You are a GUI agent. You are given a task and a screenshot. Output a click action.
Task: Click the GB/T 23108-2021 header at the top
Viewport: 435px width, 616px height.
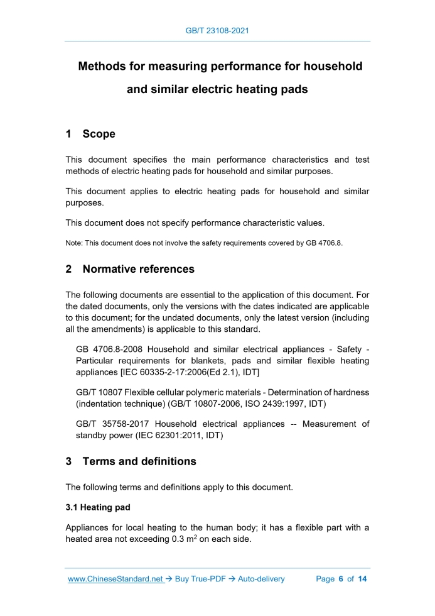click(218, 30)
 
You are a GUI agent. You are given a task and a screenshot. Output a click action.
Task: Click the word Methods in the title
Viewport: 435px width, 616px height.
click(104, 66)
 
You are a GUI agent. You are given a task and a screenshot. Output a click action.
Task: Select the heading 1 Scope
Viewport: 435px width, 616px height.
click(90, 134)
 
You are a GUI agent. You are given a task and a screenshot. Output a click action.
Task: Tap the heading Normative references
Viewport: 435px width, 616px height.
click(138, 269)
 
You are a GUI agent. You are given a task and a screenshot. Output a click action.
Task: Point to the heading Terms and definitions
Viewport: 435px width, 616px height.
click(139, 461)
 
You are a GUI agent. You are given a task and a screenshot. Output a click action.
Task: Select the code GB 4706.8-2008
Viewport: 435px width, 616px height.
click(111, 349)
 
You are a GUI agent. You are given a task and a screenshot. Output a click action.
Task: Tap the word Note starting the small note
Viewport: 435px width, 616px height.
click(73, 243)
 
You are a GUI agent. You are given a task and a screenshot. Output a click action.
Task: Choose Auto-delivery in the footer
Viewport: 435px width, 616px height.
click(261, 579)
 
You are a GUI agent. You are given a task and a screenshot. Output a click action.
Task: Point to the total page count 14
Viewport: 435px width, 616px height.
click(362, 579)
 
